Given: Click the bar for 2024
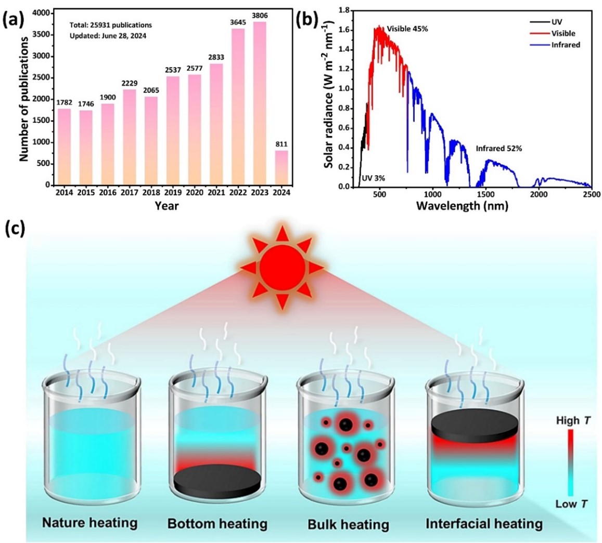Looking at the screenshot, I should (x=281, y=167).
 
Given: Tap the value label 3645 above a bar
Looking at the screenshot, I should (x=238, y=24).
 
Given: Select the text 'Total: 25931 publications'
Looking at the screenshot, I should (x=108, y=24).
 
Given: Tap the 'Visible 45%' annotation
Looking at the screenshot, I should (x=407, y=29).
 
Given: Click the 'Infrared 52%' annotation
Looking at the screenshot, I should (x=498, y=149).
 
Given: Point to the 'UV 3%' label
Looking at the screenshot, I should (x=373, y=178).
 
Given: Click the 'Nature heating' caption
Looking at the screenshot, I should (x=91, y=522).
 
